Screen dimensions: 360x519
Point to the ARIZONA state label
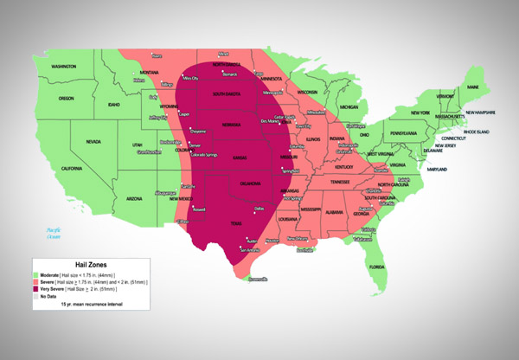click(134, 198)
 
